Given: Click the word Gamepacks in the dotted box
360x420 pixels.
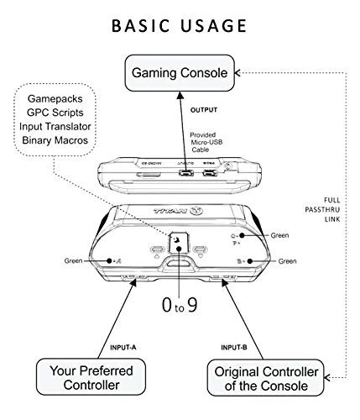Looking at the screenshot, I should [x=56, y=98].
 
